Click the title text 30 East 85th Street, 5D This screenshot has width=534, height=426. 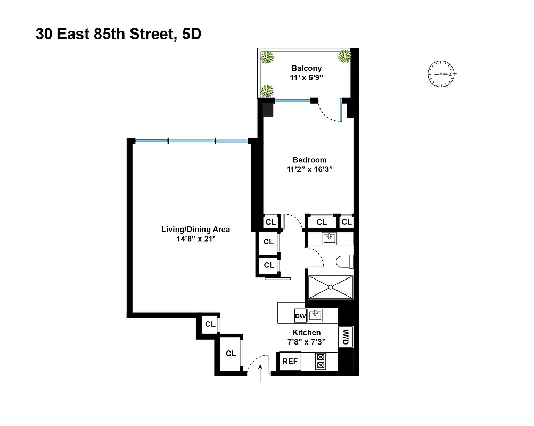click(x=118, y=35)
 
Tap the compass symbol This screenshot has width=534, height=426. click(x=441, y=74)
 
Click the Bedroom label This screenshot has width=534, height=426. click(x=309, y=160)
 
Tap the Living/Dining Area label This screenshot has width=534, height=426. click(x=195, y=230)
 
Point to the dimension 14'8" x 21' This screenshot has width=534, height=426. click(x=195, y=240)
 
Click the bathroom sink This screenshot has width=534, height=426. click(x=330, y=238)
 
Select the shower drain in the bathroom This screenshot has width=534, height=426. click(x=331, y=288)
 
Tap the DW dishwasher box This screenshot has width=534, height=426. click(x=300, y=316)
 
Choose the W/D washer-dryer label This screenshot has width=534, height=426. click(x=345, y=337)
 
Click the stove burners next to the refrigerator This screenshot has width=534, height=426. click(x=321, y=362)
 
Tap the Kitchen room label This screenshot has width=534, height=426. click(x=306, y=333)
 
